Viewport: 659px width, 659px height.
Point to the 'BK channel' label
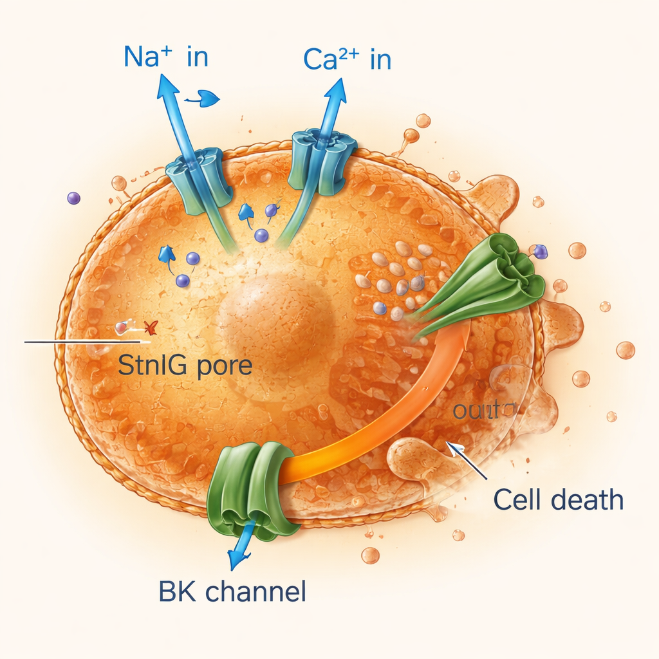click(x=231, y=591)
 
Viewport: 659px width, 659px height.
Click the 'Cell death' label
click(x=558, y=499)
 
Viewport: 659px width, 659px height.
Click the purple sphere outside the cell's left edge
click(x=73, y=198)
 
